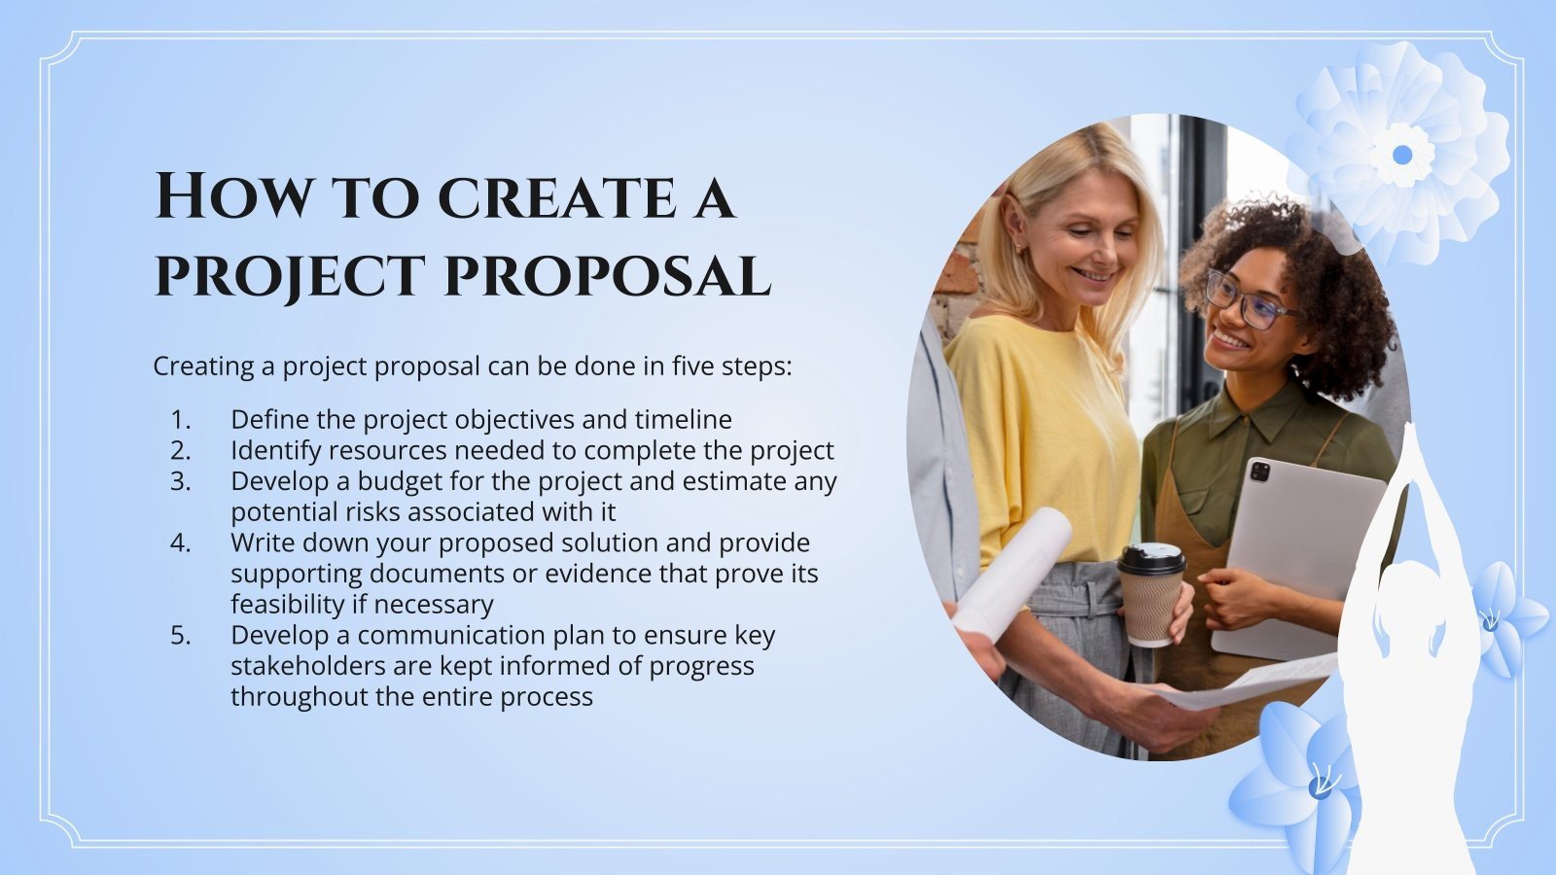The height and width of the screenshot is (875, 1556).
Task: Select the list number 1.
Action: [181, 419]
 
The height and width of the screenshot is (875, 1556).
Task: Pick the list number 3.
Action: [181, 481]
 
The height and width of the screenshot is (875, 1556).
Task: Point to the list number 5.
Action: [181, 635]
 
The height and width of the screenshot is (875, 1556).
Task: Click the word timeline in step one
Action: [683, 419]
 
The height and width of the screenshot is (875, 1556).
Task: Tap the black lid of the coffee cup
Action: [1151, 558]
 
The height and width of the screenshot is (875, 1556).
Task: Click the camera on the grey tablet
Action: [1260, 472]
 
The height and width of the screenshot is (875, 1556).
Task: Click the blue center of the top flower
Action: [1401, 155]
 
